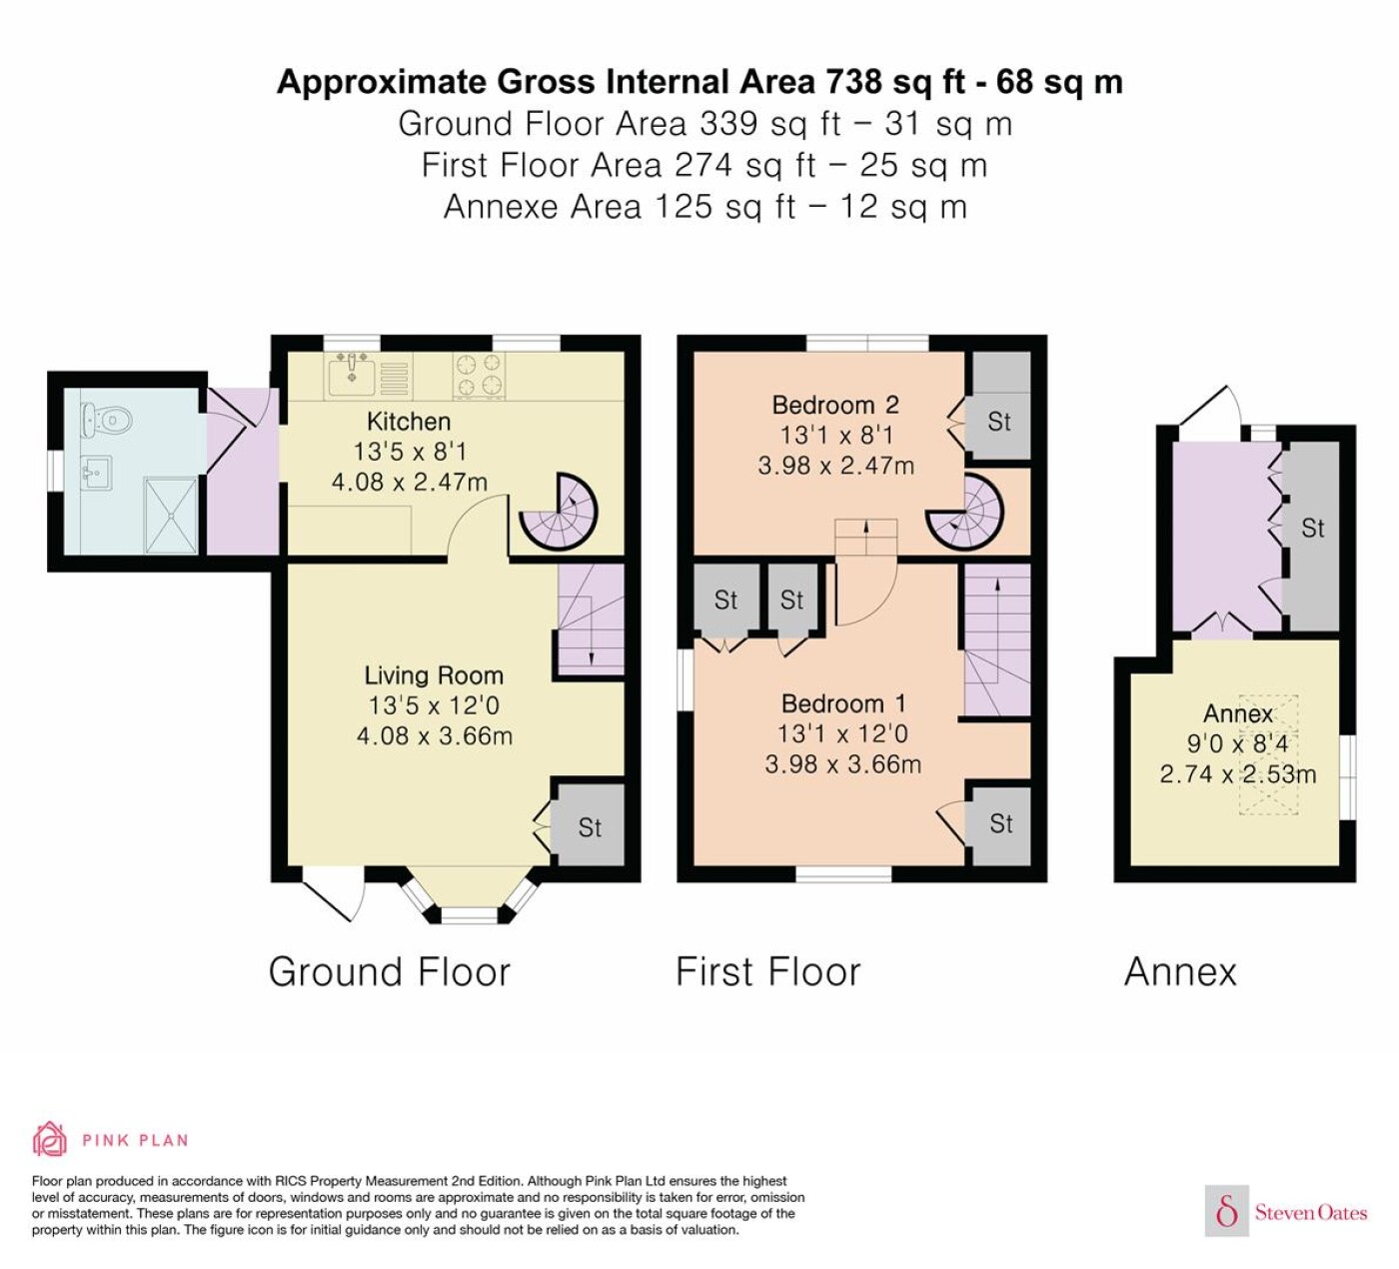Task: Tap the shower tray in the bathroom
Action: point(171,516)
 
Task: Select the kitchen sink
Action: point(353,376)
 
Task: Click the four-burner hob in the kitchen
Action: point(479,376)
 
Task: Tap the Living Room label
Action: point(433,675)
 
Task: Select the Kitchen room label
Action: point(409,422)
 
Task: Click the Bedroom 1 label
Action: point(843,703)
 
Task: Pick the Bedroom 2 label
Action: point(835,405)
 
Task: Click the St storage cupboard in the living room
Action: point(588,825)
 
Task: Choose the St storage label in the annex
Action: point(1312,529)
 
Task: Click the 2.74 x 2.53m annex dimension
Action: point(1238,774)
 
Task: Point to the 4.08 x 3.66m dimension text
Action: point(435,736)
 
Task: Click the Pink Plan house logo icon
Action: point(50,1139)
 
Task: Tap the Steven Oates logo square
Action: point(1227,1210)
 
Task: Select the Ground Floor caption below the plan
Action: point(390,972)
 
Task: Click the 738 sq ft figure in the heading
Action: point(895,82)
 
